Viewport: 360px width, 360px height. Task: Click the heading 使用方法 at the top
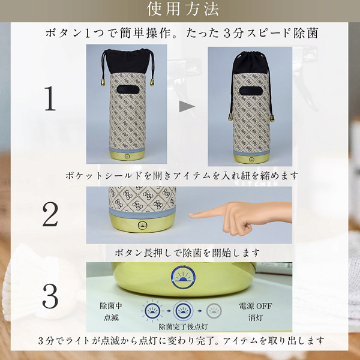click(183, 9)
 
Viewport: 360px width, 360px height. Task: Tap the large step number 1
click(50, 99)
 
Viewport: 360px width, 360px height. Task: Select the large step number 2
click(50, 214)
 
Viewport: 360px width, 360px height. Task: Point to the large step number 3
click(50, 296)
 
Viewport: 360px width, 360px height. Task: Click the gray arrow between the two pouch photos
click(187, 107)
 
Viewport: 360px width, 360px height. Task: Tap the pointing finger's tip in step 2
click(190, 215)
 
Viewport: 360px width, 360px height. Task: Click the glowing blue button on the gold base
click(183, 277)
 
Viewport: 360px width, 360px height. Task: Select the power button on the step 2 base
click(143, 226)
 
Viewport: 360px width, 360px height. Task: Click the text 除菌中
click(111, 306)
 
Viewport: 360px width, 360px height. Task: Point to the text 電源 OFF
click(256, 306)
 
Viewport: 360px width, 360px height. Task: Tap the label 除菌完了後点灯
click(183, 327)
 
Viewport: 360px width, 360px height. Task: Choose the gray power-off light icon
click(214, 311)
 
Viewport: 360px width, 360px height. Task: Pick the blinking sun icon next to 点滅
click(152, 311)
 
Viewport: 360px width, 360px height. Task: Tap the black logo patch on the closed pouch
click(250, 91)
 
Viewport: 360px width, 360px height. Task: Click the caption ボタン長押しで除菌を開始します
click(187, 253)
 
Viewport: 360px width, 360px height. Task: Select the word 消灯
click(256, 318)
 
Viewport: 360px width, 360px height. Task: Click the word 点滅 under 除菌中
click(111, 317)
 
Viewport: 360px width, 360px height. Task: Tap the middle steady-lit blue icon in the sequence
click(183, 311)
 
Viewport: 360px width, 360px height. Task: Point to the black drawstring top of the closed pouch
click(250, 62)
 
